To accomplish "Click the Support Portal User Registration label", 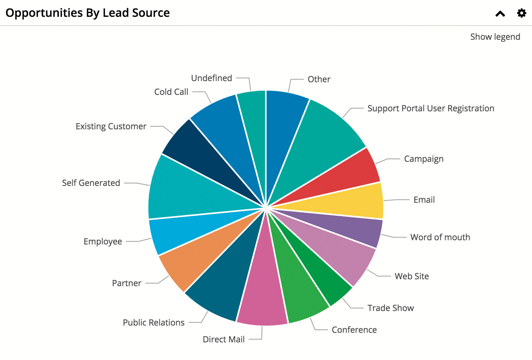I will click(431, 108).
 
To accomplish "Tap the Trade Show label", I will click(390, 308).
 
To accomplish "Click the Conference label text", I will click(354, 330).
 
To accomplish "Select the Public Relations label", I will click(154, 323).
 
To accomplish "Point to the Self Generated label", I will click(91, 183).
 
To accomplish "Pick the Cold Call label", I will click(171, 92).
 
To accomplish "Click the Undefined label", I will click(211, 78).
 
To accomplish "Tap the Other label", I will click(319, 79).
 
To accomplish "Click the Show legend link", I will click(495, 37).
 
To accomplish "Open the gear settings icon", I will click(521, 13).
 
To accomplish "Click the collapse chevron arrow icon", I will click(500, 14).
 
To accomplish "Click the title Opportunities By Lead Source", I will click(88, 13).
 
